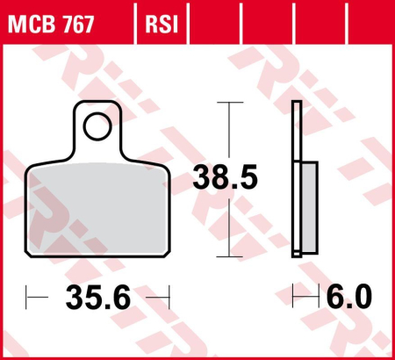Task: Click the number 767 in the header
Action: pyautogui.click(x=89, y=21)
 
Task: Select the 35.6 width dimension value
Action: pyautogui.click(x=97, y=299)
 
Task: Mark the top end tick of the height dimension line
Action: pyautogui.click(x=229, y=103)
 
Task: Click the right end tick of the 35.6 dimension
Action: pyautogui.click(x=166, y=299)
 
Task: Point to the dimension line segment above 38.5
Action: pyautogui.click(x=229, y=132)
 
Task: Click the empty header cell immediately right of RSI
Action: pyautogui.click(x=204, y=21)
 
